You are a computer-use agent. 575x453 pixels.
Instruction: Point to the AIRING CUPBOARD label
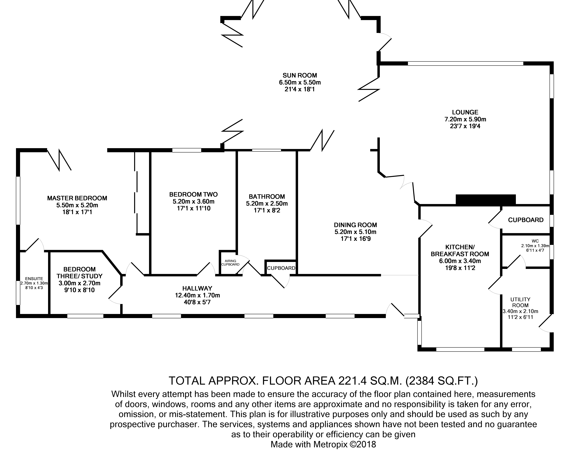[230, 263]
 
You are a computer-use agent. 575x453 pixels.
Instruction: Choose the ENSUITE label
[34, 279]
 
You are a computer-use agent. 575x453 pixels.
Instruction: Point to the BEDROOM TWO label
[193, 194]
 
